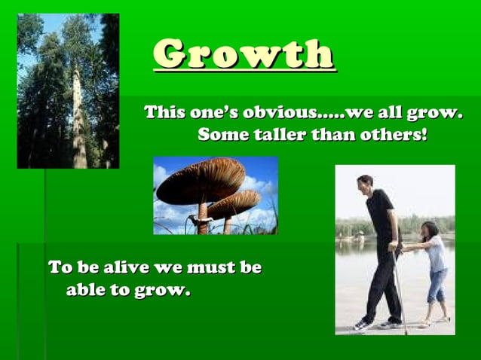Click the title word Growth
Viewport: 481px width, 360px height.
coord(244,54)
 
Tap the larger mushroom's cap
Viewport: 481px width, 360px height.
coord(199,182)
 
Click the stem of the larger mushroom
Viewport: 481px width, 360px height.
coord(202,219)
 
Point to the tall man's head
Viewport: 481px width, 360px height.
coord(366,183)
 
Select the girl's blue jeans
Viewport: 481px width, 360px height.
coord(435,285)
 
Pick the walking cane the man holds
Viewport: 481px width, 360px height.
coord(399,290)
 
